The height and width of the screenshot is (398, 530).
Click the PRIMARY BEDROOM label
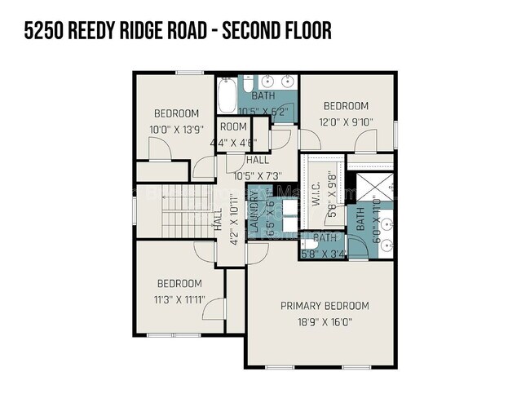pyautogui.click(x=325, y=306)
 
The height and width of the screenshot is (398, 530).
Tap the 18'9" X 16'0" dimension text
pyautogui.click(x=325, y=321)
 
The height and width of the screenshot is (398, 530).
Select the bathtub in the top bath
pyautogui.click(x=227, y=97)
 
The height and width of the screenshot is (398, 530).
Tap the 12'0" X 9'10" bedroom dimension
pyautogui.click(x=346, y=122)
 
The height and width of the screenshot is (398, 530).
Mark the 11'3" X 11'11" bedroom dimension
pyautogui.click(x=179, y=299)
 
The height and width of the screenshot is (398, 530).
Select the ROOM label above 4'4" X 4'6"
pyautogui.click(x=233, y=126)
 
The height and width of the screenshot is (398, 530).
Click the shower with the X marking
pyautogui.click(x=372, y=186)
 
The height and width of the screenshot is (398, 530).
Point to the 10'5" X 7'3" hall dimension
pyautogui.click(x=257, y=175)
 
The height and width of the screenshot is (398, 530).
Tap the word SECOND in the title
pyautogui.click(x=244, y=31)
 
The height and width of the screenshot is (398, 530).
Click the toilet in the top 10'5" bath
pyautogui.click(x=250, y=83)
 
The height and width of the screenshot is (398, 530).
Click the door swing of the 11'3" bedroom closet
pyautogui.click(x=214, y=308)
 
